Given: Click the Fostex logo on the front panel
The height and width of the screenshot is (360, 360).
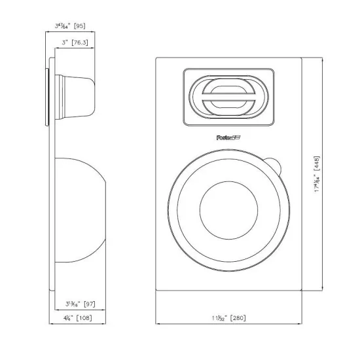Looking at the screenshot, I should point(226,137).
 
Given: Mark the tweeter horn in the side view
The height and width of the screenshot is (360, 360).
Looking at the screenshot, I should point(73,95).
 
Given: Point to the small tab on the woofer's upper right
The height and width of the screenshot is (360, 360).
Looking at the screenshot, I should point(274,165).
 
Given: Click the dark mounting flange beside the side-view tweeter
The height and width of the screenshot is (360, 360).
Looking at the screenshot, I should point(47,96).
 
